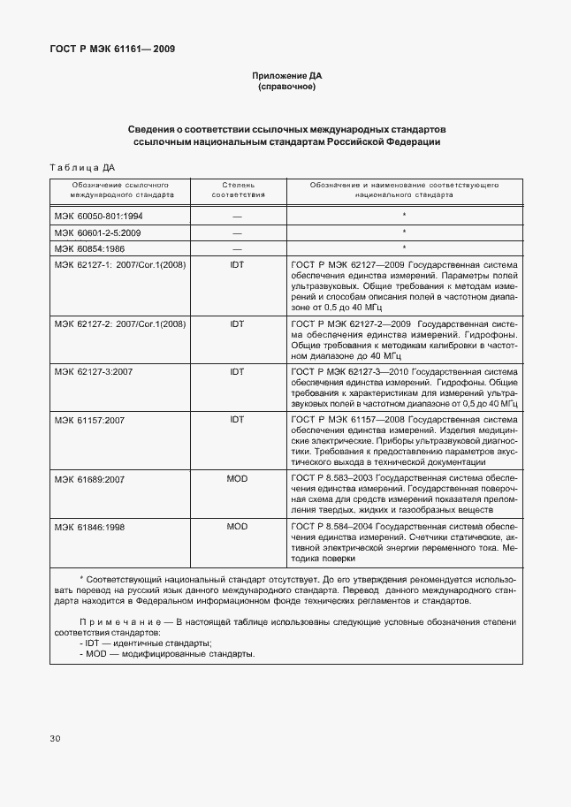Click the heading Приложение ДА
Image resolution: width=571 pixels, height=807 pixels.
(285, 76)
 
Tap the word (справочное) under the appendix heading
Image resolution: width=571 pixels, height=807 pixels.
(285, 88)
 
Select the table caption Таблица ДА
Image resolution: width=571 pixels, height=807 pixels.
(82, 166)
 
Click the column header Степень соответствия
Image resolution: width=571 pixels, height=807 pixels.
(237, 191)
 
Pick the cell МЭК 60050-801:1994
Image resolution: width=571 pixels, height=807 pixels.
(98, 215)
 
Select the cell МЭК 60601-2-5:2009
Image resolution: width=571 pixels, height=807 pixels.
(97, 232)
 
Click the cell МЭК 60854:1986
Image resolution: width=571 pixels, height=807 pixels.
(90, 247)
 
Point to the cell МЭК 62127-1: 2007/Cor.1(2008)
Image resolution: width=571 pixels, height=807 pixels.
(119, 264)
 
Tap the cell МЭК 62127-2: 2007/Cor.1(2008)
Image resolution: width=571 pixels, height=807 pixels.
(119, 324)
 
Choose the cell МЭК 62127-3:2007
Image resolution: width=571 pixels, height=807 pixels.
(93, 371)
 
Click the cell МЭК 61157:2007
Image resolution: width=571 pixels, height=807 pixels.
(89, 419)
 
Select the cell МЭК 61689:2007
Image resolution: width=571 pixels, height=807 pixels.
(89, 478)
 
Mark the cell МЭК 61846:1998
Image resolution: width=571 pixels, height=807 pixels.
(89, 526)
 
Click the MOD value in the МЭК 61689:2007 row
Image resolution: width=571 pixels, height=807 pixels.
(237, 478)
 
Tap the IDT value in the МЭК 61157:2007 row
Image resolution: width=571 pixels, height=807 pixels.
(237, 419)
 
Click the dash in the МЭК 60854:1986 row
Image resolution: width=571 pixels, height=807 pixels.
(237, 248)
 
